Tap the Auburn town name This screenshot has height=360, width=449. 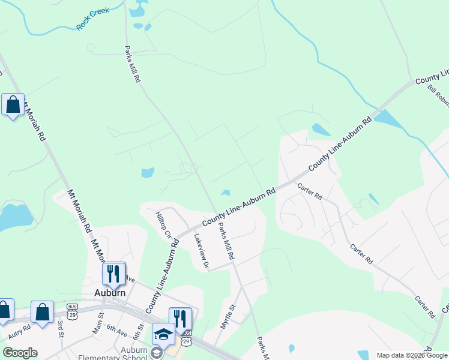tap(110, 293)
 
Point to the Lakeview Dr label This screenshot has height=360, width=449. tap(200, 250)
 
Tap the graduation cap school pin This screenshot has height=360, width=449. tap(163, 334)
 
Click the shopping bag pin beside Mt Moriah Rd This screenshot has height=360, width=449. tap(13, 105)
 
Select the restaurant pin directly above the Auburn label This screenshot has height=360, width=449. tap(113, 273)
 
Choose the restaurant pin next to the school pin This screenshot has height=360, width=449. tap(180, 318)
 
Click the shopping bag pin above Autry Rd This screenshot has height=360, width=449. tap(42, 312)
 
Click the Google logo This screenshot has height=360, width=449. tap(20, 353)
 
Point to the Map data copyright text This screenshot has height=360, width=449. tap(412, 355)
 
